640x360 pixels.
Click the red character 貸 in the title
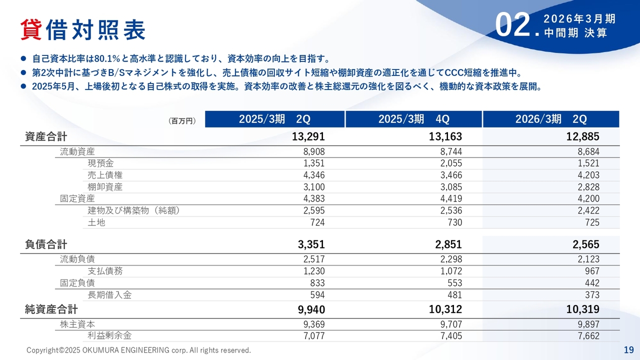coord(31,30)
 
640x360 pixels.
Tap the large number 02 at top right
coord(512,25)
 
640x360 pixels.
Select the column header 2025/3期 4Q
coord(413,119)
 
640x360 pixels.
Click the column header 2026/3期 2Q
coord(551,119)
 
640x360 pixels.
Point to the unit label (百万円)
coord(182,121)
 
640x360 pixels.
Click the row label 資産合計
coord(46,136)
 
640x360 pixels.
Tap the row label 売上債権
coord(105,175)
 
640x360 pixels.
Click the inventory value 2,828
coord(588,187)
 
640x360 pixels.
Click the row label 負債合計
coord(46,244)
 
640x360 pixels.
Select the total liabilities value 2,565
coord(585,244)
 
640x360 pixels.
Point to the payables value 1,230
coord(314,271)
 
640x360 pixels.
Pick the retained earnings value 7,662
coord(588,336)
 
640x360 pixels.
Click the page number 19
coord(628,349)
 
